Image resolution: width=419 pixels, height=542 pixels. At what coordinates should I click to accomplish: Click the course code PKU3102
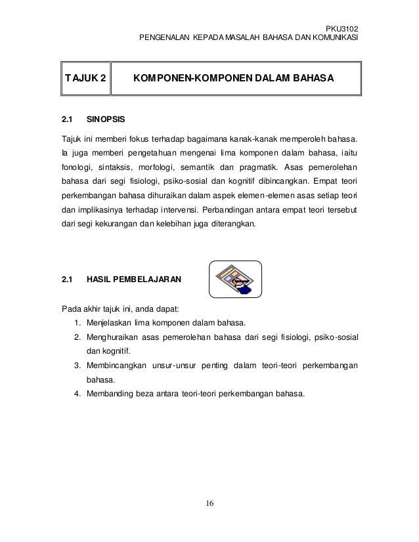click(x=343, y=28)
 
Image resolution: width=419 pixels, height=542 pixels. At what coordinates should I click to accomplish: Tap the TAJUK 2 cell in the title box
click(x=84, y=80)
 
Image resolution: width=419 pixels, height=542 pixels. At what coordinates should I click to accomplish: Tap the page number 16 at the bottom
click(x=210, y=504)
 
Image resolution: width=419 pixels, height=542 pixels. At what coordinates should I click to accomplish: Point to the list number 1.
click(x=77, y=323)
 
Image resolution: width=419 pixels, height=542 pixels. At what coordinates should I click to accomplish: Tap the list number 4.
click(x=77, y=394)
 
